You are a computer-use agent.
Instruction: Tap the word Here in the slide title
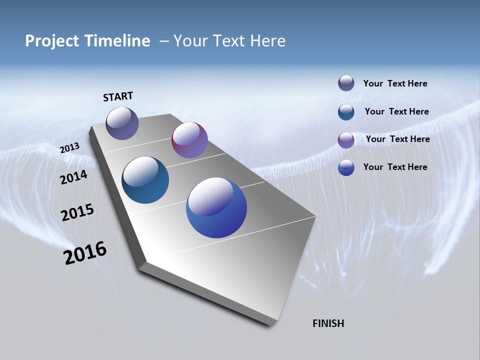click(x=267, y=41)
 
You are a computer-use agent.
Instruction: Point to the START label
click(x=118, y=96)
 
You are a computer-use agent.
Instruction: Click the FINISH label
click(x=328, y=323)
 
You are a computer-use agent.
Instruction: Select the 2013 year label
click(x=69, y=148)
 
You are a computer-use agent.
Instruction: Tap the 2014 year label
click(x=74, y=177)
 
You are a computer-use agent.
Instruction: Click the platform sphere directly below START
click(x=122, y=123)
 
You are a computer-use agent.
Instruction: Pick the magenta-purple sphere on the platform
click(x=189, y=140)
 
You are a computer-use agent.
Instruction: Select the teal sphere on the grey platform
click(x=145, y=180)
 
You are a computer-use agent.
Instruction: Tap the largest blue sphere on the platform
click(x=216, y=207)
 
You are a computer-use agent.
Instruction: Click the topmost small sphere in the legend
click(x=346, y=83)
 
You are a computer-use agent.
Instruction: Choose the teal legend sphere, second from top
click(x=346, y=112)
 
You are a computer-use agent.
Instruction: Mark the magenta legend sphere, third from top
click(x=346, y=140)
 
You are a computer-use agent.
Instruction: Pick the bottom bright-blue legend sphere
click(x=346, y=167)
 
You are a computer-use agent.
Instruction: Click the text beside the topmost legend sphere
click(x=395, y=83)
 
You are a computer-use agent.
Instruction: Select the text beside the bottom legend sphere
click(x=395, y=167)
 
